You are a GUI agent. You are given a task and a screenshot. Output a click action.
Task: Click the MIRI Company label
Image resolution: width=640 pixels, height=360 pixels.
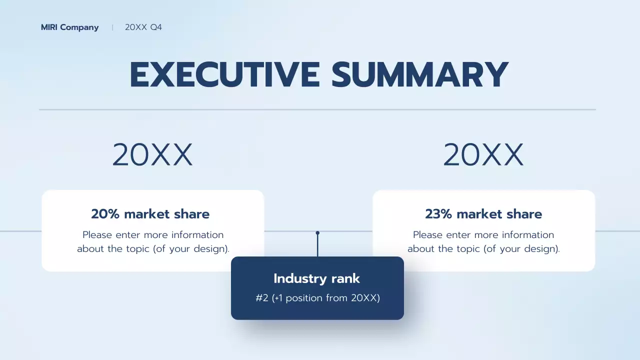click(x=69, y=27)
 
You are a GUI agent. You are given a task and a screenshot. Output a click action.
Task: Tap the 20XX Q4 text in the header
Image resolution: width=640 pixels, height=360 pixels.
click(x=143, y=27)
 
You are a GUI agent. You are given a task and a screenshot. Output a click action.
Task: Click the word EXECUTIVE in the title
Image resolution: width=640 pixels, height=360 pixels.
click(x=224, y=75)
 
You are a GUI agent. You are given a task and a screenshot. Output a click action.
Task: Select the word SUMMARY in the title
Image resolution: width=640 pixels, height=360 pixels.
click(x=419, y=75)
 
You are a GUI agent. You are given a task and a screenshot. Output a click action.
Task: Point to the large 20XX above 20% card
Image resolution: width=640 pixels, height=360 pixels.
click(x=152, y=155)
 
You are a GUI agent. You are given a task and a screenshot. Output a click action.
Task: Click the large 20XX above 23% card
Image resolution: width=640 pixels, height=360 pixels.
click(x=483, y=155)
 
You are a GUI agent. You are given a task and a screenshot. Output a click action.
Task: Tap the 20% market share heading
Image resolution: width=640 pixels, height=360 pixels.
click(x=150, y=214)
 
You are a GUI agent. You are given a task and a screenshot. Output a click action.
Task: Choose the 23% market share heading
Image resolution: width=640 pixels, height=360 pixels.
click(x=483, y=214)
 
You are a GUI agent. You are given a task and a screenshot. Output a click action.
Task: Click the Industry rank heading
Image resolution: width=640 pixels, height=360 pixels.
click(x=317, y=278)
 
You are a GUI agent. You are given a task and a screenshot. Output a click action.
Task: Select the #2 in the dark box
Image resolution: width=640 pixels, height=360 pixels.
click(x=262, y=298)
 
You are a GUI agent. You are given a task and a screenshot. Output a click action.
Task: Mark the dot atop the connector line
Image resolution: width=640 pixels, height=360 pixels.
click(x=317, y=233)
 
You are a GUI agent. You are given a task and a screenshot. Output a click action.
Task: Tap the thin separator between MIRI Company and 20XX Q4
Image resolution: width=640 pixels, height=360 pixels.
click(x=112, y=27)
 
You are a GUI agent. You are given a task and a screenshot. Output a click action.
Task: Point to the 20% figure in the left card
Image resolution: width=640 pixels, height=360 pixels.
click(x=105, y=214)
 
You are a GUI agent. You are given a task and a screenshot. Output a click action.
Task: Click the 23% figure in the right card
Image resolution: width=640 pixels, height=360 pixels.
click(x=438, y=214)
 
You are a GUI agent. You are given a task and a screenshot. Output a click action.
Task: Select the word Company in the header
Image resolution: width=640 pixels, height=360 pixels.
click(x=79, y=27)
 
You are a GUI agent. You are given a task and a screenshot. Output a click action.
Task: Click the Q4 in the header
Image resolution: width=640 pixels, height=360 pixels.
click(x=156, y=27)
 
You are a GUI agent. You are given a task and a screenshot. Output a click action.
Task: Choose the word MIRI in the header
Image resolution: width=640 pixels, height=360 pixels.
click(x=49, y=27)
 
